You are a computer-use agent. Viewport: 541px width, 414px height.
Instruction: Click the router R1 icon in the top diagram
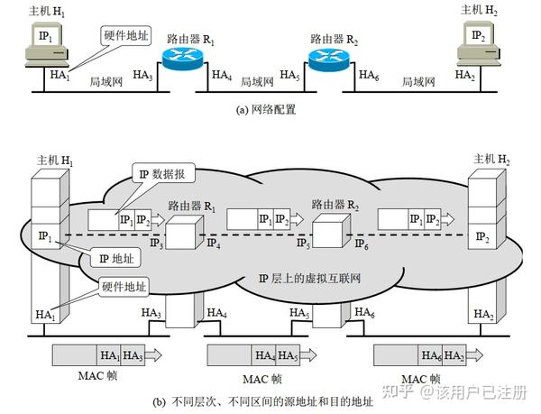point(185,60)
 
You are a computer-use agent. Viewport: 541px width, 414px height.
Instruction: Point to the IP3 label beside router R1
point(156,244)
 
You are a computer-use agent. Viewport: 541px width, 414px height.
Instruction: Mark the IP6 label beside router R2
point(362,244)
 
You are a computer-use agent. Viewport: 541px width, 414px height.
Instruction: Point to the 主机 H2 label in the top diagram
point(480,9)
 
